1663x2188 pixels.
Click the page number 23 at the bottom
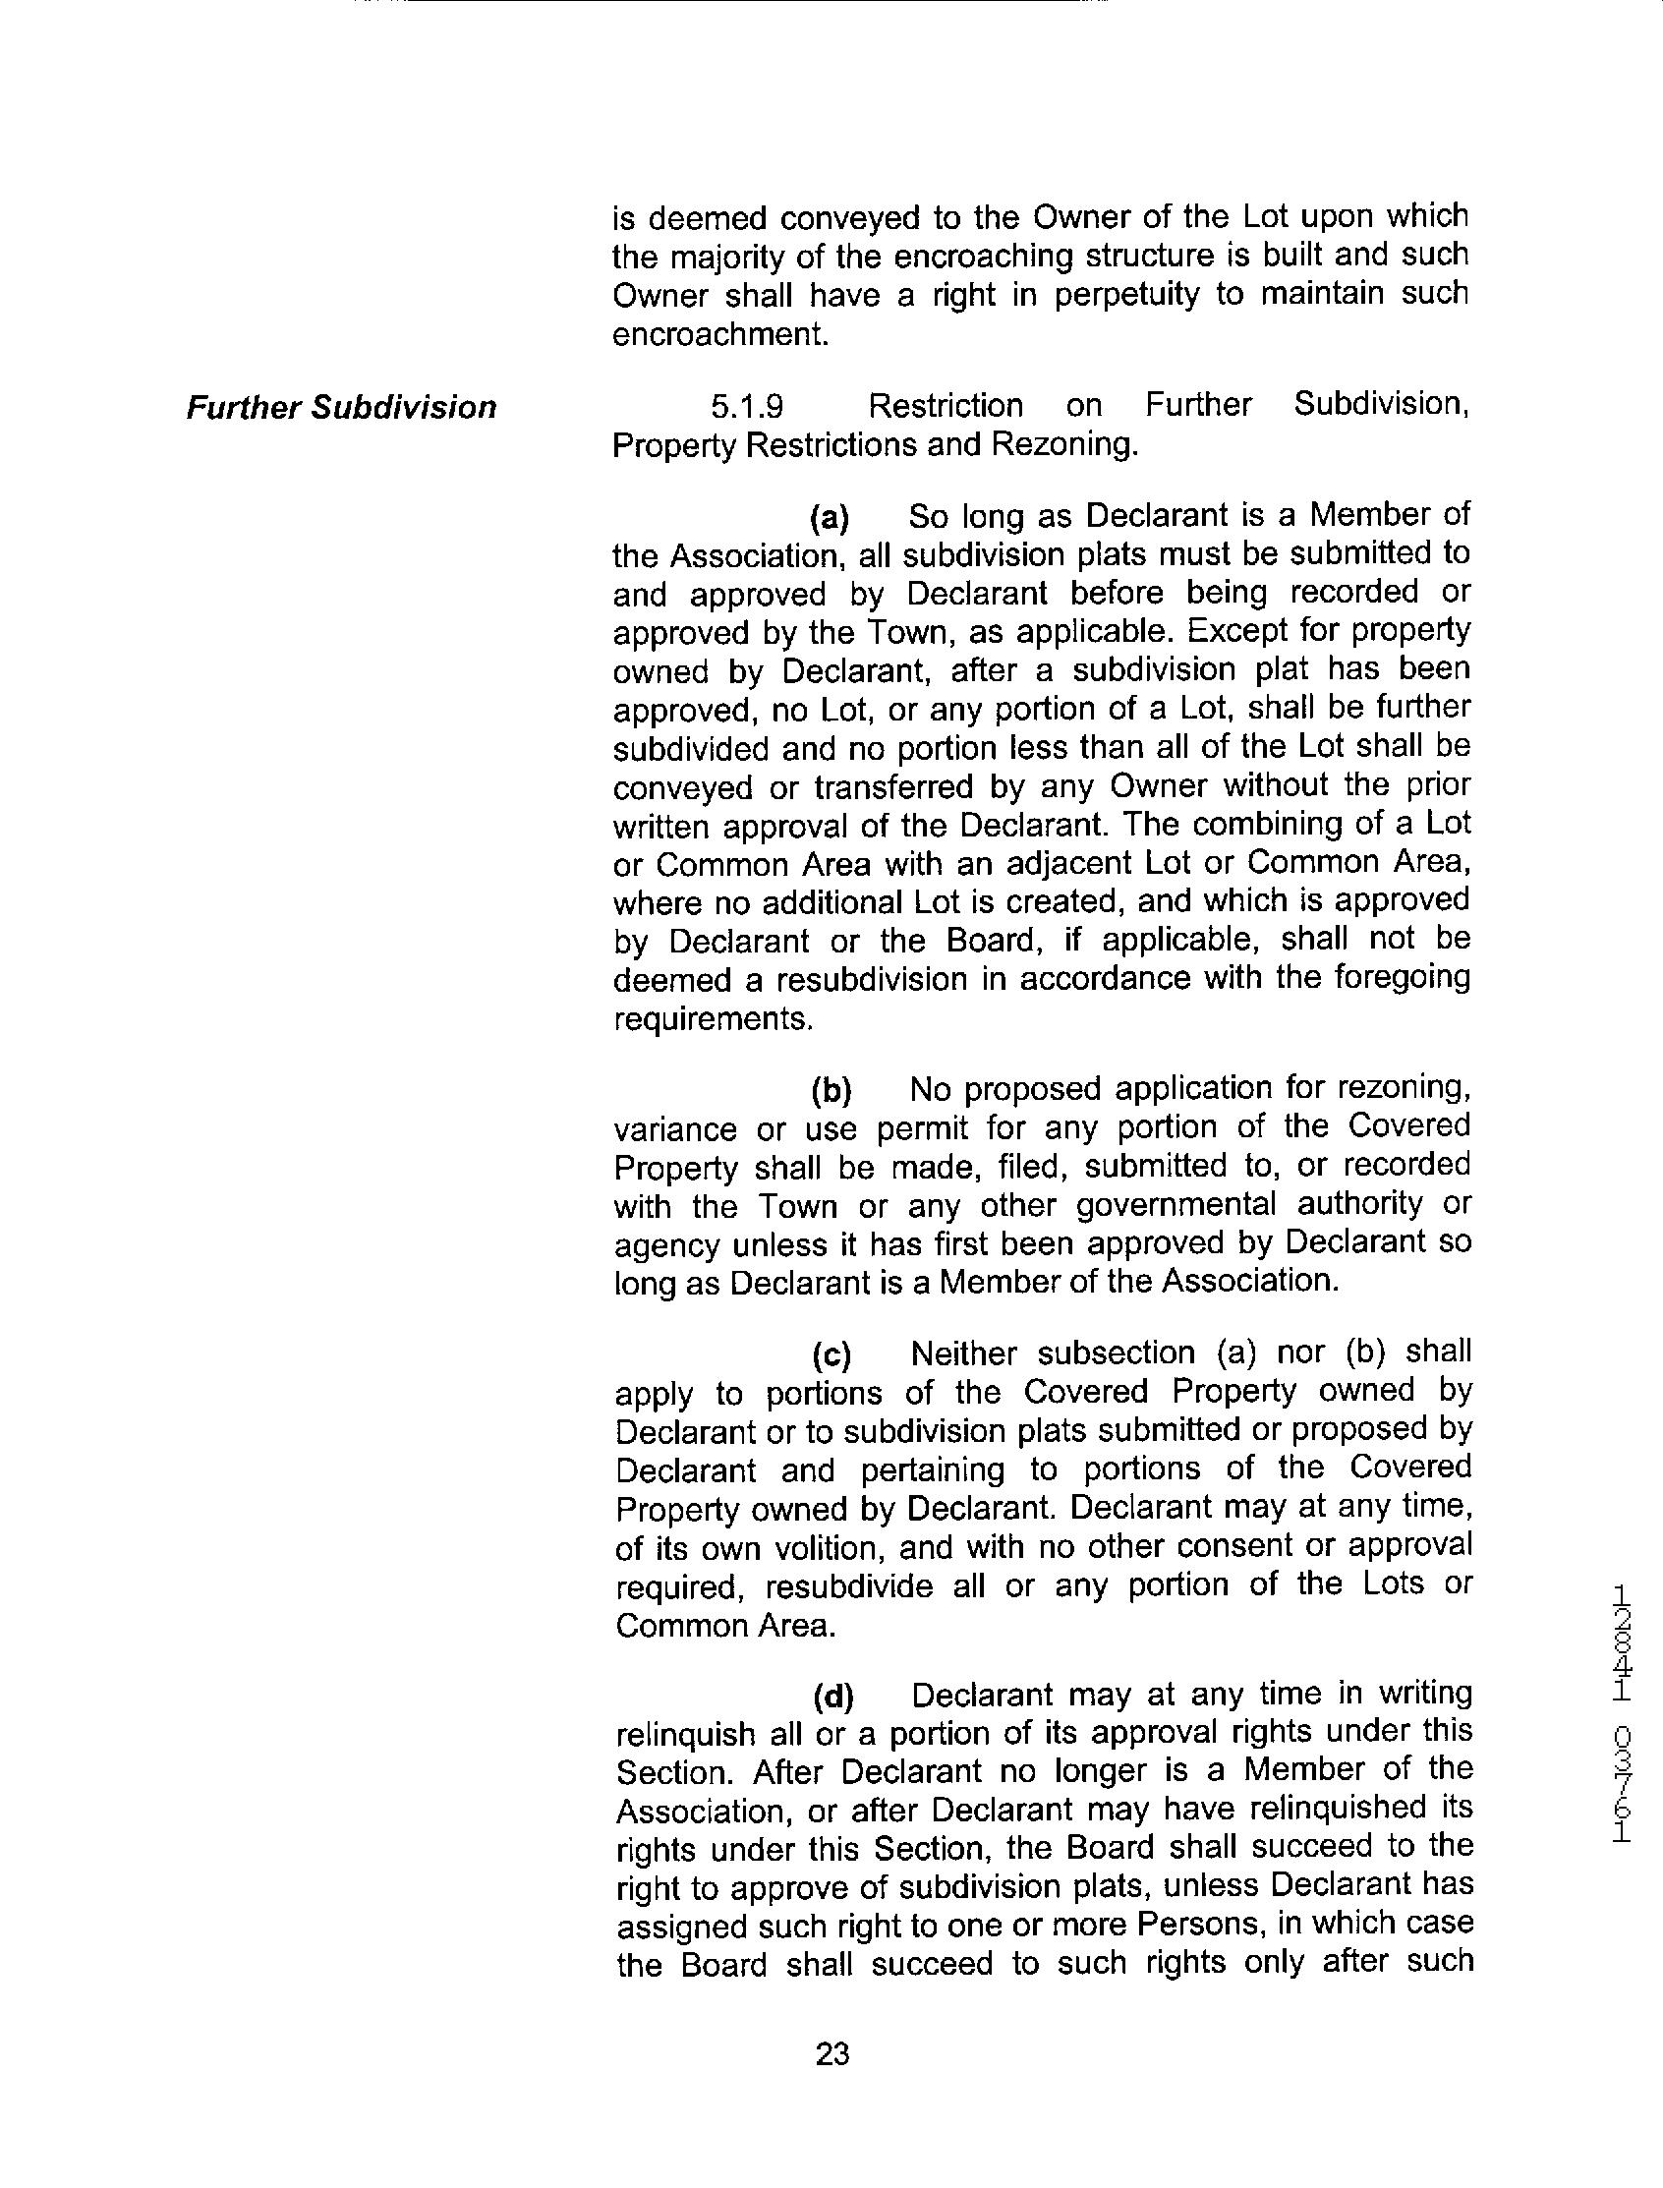click(831, 2054)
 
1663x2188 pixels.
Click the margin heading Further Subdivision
click(341, 407)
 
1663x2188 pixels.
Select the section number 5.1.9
click(747, 406)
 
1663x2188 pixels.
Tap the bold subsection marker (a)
click(830, 517)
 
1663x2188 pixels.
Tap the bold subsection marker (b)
click(831, 1090)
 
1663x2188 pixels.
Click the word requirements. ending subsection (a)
click(713, 1018)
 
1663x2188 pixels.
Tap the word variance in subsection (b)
click(675, 1128)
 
